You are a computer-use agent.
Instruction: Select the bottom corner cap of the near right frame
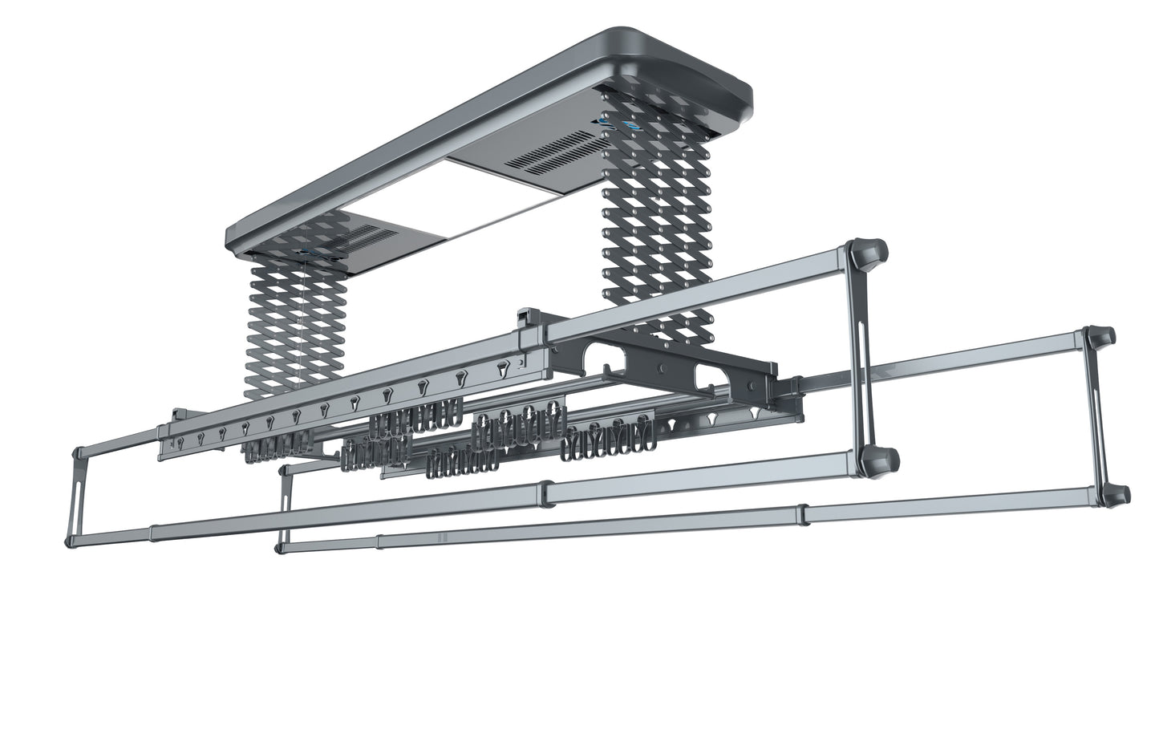tap(877, 462)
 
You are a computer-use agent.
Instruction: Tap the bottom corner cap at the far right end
tap(1116, 495)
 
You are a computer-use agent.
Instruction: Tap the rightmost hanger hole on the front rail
tap(502, 371)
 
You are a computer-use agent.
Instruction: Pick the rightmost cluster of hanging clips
tap(614, 438)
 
